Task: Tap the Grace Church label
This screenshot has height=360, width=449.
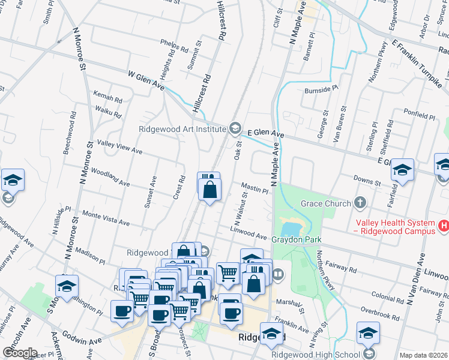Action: pos(325,203)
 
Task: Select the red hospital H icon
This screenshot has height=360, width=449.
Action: pos(444,226)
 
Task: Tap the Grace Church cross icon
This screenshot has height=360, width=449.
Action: pos(360,203)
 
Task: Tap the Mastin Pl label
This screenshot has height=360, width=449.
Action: pos(255,188)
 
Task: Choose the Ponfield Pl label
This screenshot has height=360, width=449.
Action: pos(419,115)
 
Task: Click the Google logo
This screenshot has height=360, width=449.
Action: pos(19,353)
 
